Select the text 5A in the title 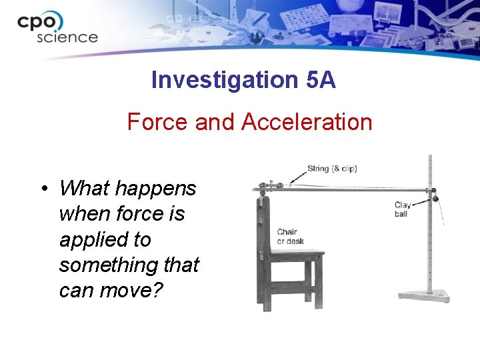click(321, 80)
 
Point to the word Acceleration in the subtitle click(307, 122)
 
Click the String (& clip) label click(331, 169)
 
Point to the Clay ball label click(402, 209)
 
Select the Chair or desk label click(290, 236)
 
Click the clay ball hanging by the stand click(434, 197)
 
